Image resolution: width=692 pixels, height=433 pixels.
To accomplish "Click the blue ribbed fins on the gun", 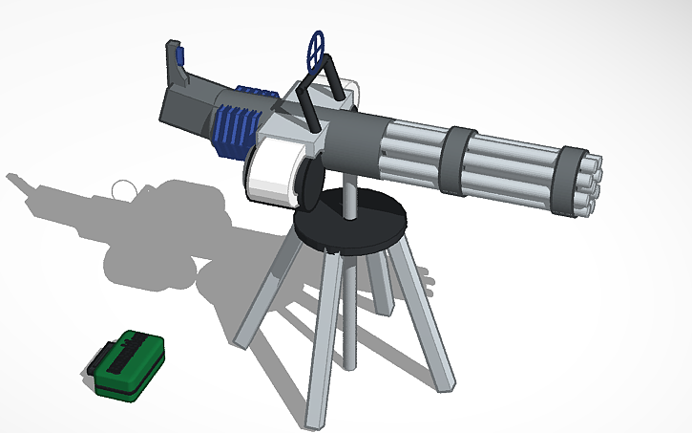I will click(234, 119).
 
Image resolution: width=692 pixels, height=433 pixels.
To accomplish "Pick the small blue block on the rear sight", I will click(173, 48).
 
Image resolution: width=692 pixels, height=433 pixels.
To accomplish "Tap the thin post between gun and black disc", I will click(351, 196).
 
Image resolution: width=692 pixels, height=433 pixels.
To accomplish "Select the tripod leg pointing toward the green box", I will click(262, 291).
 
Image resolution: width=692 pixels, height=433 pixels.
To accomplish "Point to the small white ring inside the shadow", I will click(123, 189).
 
